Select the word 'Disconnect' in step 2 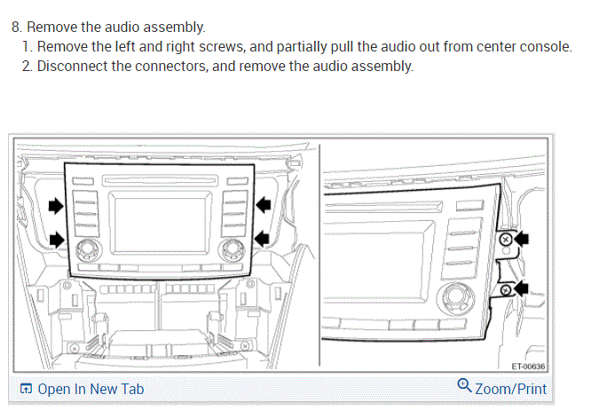click(x=72, y=67)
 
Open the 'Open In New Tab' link click(x=90, y=389)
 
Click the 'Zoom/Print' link click(x=510, y=389)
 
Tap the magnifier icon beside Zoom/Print click(x=464, y=386)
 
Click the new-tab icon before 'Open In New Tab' click(x=26, y=389)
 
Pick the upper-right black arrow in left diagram click(x=264, y=205)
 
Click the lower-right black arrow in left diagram click(x=264, y=238)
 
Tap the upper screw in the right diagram click(x=506, y=240)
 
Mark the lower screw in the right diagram click(x=505, y=289)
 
